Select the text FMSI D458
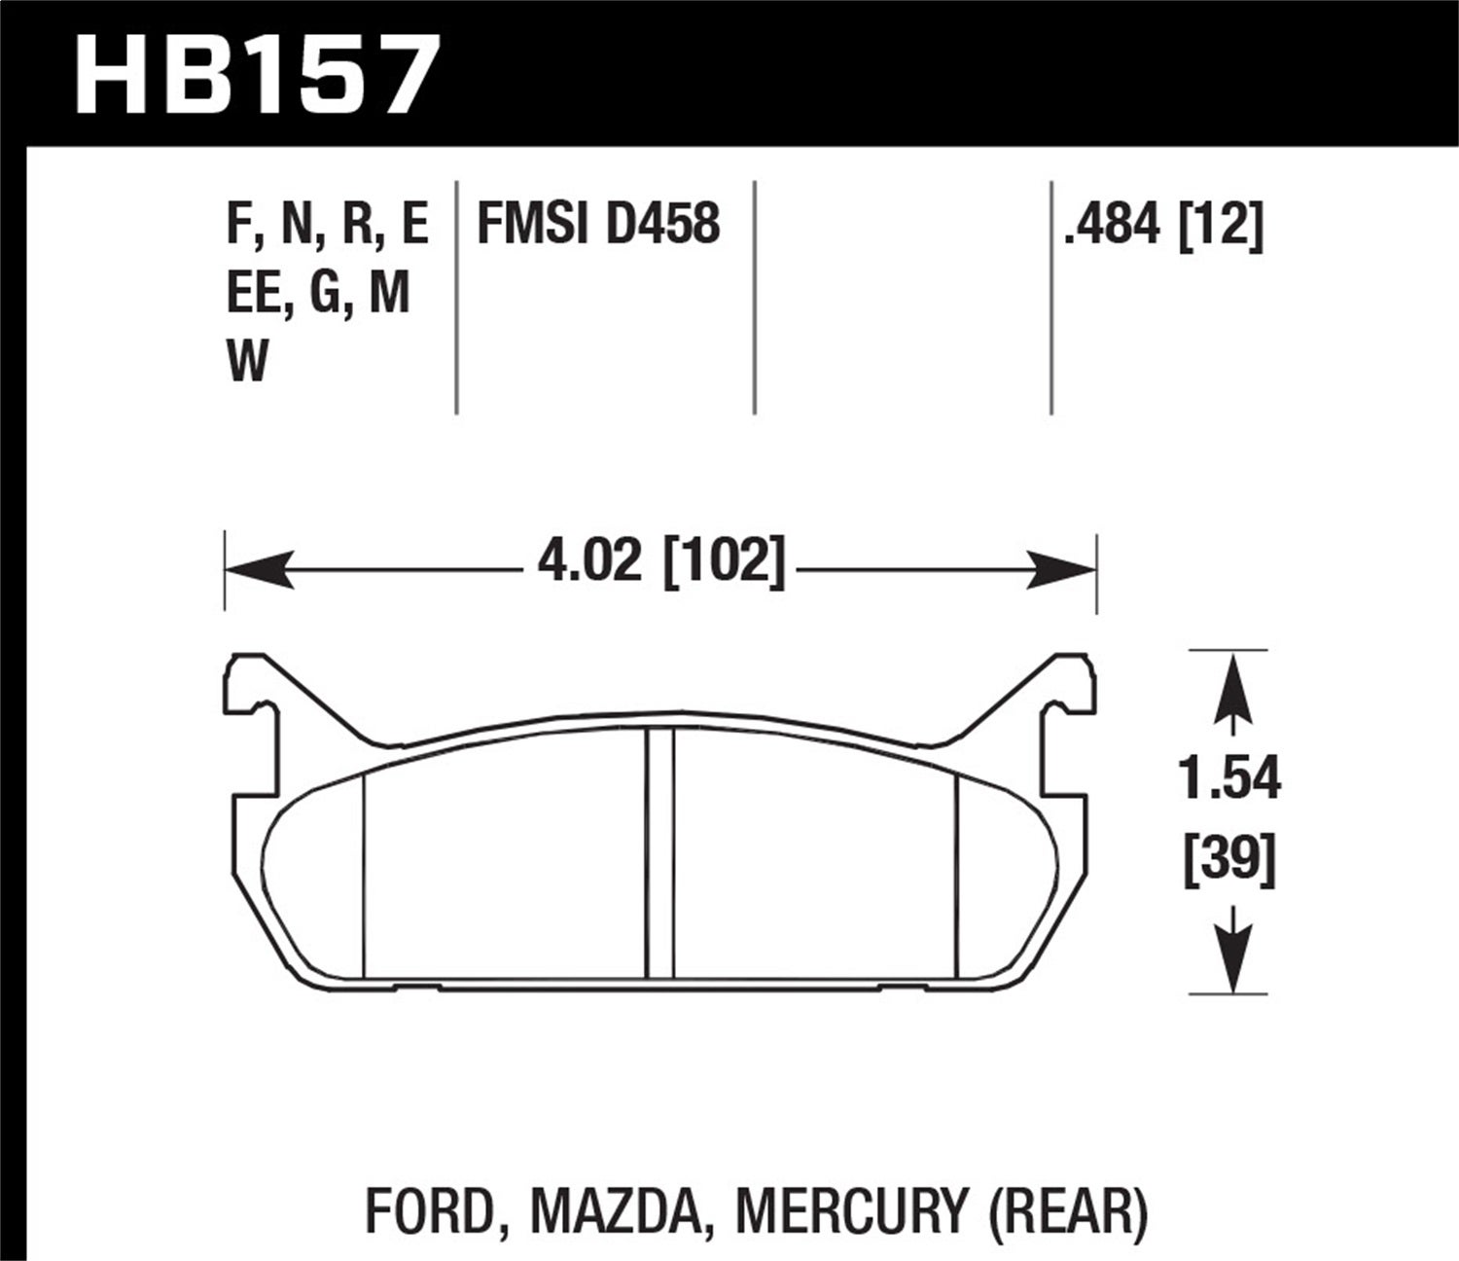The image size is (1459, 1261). [x=598, y=225]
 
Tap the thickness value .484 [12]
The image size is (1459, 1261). [x=1163, y=226]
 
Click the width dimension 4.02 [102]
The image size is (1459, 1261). [x=660, y=561]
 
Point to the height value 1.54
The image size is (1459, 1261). [x=1229, y=778]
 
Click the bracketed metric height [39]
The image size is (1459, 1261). [x=1229, y=860]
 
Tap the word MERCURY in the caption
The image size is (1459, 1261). [x=852, y=1211]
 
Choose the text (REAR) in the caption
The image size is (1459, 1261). [x=1068, y=1211]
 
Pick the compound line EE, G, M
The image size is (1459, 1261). [x=318, y=294]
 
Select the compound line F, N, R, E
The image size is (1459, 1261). [x=327, y=225]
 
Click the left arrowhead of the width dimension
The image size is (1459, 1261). [x=258, y=569]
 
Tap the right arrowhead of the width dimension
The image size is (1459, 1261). [x=1062, y=569]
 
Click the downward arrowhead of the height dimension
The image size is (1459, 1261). [x=1232, y=958]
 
